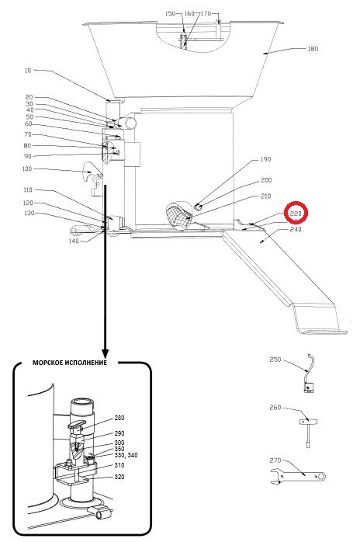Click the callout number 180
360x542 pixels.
313,49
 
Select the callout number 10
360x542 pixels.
28,71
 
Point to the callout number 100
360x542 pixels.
26,169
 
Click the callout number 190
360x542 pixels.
265,159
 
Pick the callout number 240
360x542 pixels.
296,229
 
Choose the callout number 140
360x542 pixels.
74,241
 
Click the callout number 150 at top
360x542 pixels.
171,13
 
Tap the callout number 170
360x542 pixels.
206,13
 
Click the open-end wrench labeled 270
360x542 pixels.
298,476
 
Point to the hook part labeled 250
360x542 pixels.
309,373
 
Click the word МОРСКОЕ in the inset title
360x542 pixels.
47,363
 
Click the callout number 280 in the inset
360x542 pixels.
119,418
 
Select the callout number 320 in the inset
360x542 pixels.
119,477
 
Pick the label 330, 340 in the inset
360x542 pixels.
126,455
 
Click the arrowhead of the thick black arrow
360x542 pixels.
105,353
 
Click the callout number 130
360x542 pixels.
29,214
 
